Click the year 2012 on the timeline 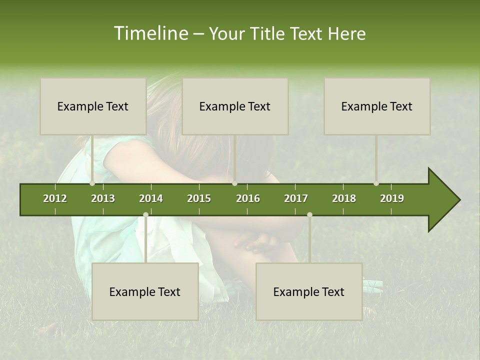coord(55,198)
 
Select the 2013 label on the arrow coord(103,198)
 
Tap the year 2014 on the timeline coord(151,198)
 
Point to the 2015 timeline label coord(199,198)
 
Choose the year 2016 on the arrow coord(248,198)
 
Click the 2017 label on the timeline coord(296,198)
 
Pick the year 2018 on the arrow coord(344,198)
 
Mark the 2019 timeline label coord(392,198)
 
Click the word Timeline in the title coord(150,33)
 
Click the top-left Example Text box coord(93,106)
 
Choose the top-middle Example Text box coord(235,106)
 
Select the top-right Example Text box coord(377,106)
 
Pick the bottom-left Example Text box coord(145,292)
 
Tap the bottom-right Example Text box coord(309,292)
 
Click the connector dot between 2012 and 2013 coord(92,183)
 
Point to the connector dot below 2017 coord(309,214)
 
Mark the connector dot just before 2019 coord(376,183)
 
